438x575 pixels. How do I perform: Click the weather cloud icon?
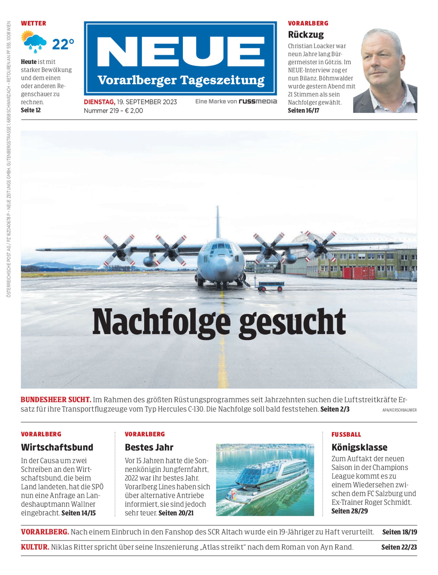tap(35, 42)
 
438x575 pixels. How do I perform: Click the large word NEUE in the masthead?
tap(180, 52)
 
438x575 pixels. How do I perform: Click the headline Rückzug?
tap(305, 34)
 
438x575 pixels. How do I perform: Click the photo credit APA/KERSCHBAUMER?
tap(399, 410)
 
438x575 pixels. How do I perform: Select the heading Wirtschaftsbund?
tap(57, 447)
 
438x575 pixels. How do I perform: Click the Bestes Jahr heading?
tap(149, 447)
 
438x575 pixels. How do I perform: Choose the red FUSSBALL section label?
tap(346, 434)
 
